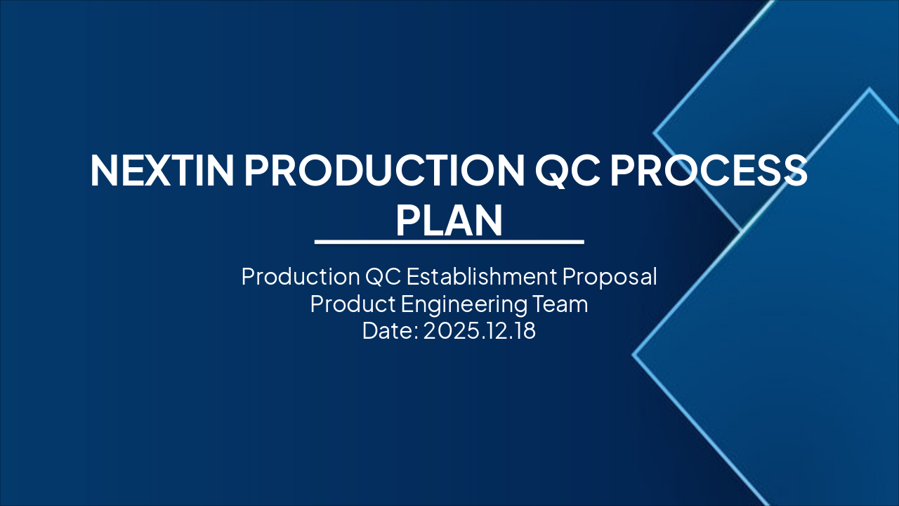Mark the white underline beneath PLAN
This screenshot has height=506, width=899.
(449, 242)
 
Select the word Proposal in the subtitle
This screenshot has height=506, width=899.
(610, 276)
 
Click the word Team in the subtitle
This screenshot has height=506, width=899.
(561, 304)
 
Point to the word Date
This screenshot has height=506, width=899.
(388, 330)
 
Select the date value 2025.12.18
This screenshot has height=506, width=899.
(480, 330)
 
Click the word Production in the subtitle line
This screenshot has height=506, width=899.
(300, 276)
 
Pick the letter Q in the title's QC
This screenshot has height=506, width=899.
(553, 170)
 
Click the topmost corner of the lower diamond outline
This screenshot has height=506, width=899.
(870, 89)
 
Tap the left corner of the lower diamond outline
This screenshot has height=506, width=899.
(634, 355)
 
